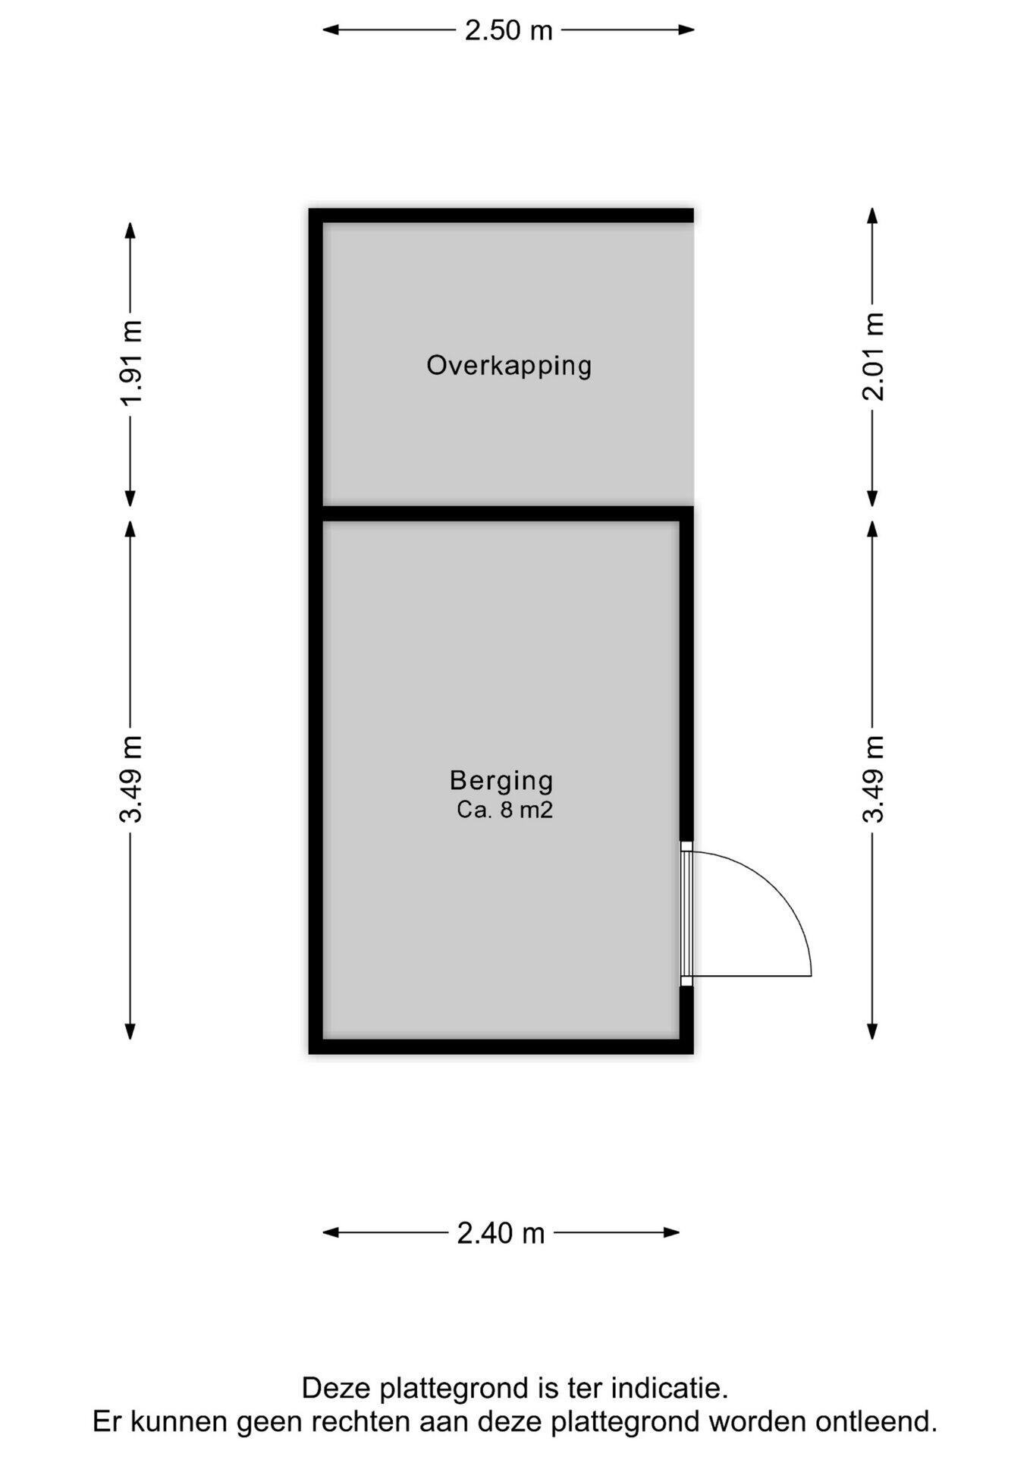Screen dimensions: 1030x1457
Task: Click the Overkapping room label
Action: click(x=508, y=366)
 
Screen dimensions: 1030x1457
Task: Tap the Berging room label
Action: click(x=501, y=781)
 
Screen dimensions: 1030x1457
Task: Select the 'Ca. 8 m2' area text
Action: click(x=504, y=810)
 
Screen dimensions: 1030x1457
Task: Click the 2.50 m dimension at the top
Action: click(x=508, y=30)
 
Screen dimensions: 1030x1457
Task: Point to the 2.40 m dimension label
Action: click(x=501, y=1233)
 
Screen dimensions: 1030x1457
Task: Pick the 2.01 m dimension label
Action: click(x=873, y=356)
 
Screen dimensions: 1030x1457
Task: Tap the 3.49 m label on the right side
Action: click(x=873, y=779)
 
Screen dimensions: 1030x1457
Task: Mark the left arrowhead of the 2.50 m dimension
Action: click(x=331, y=30)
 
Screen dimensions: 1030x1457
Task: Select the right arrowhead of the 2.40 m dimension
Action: click(x=670, y=1233)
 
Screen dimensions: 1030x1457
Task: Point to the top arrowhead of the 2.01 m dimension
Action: click(x=873, y=216)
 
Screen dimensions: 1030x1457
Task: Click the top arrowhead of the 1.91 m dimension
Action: click(x=130, y=231)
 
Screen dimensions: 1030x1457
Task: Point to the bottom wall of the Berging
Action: click(x=501, y=1046)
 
